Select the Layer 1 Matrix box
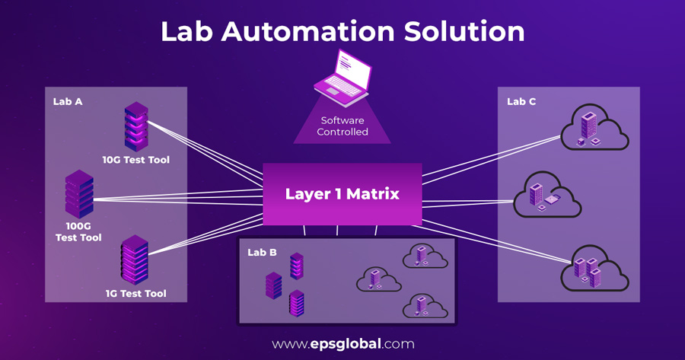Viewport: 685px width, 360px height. coord(342,194)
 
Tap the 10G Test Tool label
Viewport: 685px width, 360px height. coord(136,160)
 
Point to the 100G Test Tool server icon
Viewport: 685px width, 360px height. coord(79,194)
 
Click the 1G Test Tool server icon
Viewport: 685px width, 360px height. coord(135,260)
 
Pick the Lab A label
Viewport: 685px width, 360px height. coord(68,101)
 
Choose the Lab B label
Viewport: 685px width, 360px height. coord(262,252)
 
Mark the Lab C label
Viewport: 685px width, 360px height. coord(521,101)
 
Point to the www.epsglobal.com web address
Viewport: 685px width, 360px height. coord(343,344)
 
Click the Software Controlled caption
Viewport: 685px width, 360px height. coord(343,126)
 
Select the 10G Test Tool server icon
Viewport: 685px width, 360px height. coord(135,127)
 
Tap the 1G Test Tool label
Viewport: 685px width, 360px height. coord(136,293)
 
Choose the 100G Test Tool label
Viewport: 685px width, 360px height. coord(78,232)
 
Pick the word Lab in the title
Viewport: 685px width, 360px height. coord(187,31)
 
